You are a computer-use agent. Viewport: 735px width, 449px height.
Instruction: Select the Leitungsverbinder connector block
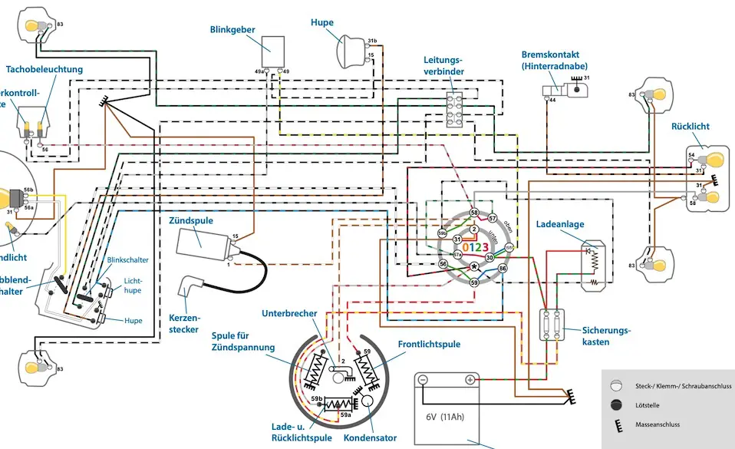coord(457,110)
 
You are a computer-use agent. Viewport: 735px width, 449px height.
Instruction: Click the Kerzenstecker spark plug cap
coord(190,289)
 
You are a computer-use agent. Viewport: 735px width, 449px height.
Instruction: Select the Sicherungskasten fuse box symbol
coord(550,325)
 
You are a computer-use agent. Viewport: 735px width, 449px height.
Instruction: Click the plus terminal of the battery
coord(469,380)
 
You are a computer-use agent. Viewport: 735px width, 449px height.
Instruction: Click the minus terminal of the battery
coord(424,380)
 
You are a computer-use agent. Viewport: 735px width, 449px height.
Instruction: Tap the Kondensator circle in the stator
coord(370,401)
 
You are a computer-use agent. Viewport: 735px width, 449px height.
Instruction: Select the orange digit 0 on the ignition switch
coord(465,247)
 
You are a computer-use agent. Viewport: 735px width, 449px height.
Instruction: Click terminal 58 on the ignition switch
coord(474,213)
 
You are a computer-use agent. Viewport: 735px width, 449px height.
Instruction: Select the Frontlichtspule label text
coord(429,345)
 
